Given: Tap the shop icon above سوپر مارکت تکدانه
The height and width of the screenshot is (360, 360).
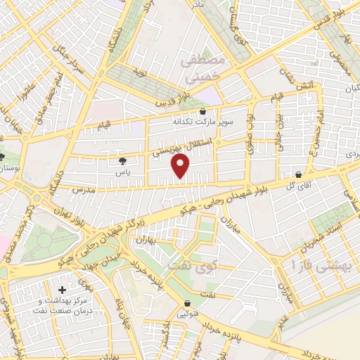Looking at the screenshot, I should pos(203,111).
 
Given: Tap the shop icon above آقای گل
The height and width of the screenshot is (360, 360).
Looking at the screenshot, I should pos(299,175).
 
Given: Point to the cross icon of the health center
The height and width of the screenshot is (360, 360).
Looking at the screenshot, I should pos(62,290).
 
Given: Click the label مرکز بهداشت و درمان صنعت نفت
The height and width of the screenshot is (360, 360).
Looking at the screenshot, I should pos(69,307).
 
